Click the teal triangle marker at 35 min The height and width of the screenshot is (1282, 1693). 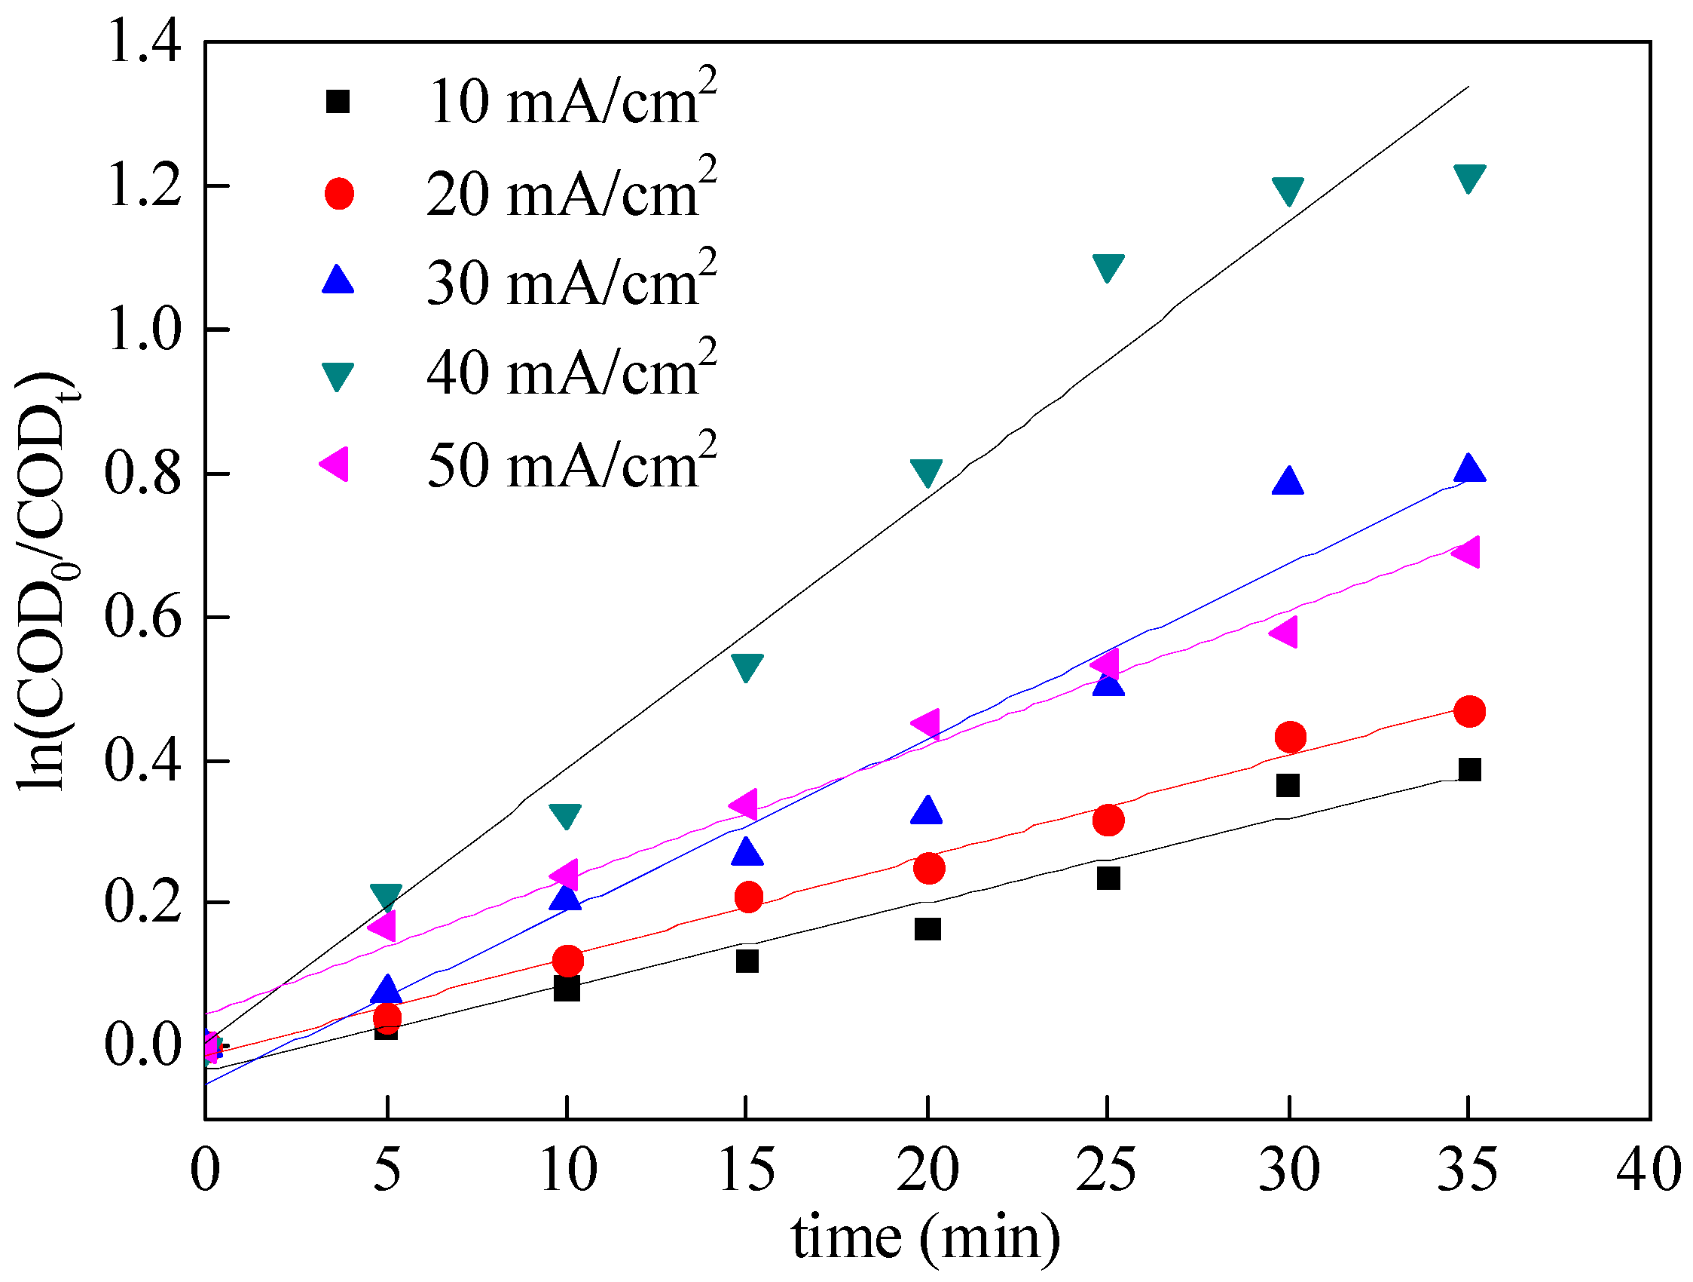coord(1468,177)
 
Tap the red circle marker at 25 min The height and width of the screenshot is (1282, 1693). coord(1108,820)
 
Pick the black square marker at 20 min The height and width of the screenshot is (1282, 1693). coord(927,929)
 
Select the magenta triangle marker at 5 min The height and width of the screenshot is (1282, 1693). coord(384,926)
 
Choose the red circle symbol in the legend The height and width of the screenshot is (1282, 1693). coord(339,194)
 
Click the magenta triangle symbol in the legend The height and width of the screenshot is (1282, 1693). coord(335,464)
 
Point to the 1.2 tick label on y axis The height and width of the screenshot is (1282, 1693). coord(144,186)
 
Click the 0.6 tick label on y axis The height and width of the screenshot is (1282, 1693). coord(144,618)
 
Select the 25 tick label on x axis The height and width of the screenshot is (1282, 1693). coord(1106,1170)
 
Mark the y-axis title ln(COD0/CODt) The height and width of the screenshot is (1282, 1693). coord(47,581)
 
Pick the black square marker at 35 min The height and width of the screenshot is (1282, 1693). coord(1468,770)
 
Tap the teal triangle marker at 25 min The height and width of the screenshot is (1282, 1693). coord(1108,267)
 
